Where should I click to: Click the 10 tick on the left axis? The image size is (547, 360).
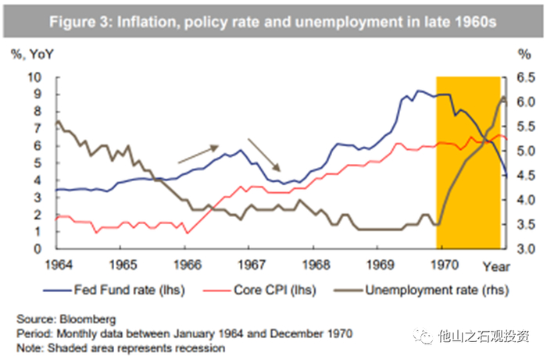coord(34,77)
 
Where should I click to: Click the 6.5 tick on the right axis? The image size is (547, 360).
coord(525,77)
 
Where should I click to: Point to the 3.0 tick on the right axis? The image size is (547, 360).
coord(525,249)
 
